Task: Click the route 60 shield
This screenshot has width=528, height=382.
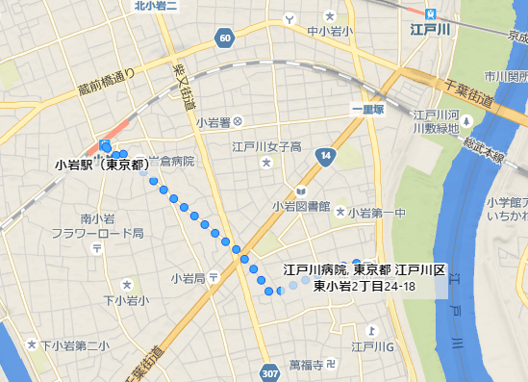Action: point(225,38)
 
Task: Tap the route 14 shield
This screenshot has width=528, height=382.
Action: point(327,155)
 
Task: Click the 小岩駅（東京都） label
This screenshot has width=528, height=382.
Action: point(102,164)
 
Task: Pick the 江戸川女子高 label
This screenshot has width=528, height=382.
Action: point(265,147)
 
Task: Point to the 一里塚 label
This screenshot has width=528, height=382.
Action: point(366,110)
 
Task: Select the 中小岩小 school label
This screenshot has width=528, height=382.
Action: point(329,31)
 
